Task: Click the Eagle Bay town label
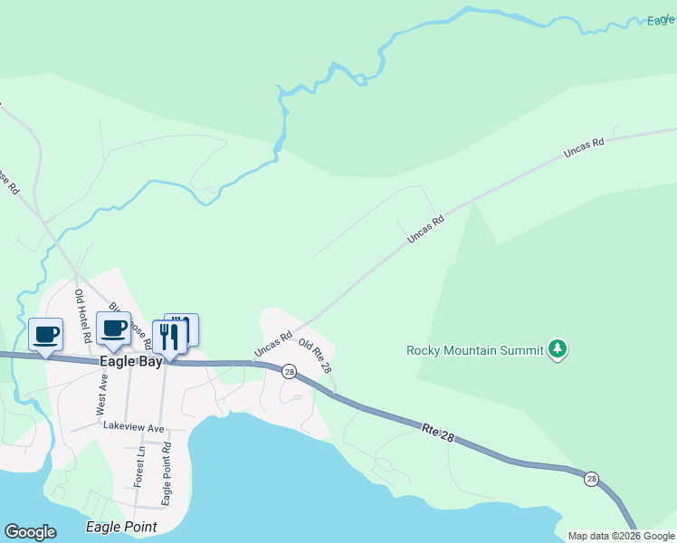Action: pos(130,361)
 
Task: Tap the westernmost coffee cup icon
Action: pos(46,334)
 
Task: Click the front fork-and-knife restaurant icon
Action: pos(168,337)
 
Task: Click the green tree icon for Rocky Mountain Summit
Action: pos(558,349)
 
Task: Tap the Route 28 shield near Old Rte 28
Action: pos(289,372)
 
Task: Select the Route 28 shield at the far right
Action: pos(591,479)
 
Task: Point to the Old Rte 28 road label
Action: pos(316,357)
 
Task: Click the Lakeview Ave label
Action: pos(133,426)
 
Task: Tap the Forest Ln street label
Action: pos(140,466)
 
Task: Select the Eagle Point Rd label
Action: pos(167,473)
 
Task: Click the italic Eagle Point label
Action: pos(120,527)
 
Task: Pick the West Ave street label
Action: pos(102,395)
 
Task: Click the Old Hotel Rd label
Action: pos(82,316)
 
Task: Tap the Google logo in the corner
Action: pos(31,532)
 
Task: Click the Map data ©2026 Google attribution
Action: pos(621,536)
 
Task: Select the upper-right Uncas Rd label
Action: pos(583,149)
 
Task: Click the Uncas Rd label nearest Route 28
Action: pos(272,344)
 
